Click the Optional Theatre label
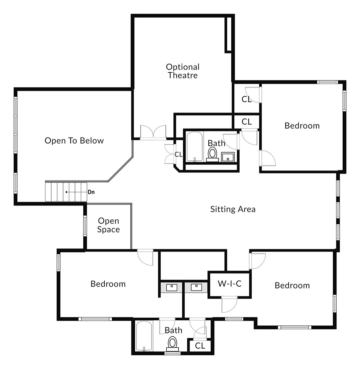[183, 71]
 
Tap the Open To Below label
[74, 141]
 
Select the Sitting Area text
[233, 209]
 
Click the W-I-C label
[230, 283]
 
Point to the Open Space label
[109, 225]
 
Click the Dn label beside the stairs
[91, 192]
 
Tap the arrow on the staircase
[76, 192]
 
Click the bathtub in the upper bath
[194, 147]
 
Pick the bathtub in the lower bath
[144, 336]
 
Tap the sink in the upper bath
[228, 157]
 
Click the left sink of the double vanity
[172, 287]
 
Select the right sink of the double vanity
[196, 287]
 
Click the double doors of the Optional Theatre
[153, 132]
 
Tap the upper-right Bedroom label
[302, 126]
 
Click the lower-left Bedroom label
[108, 284]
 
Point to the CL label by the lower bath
[200, 346]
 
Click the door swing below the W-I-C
[229, 304]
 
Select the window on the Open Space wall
[85, 226]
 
